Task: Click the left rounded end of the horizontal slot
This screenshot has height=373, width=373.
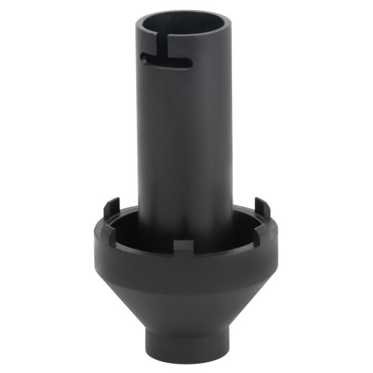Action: coord(145,57)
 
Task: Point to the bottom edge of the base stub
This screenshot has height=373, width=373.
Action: coord(186,360)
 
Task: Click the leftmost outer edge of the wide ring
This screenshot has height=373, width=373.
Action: coord(92,248)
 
